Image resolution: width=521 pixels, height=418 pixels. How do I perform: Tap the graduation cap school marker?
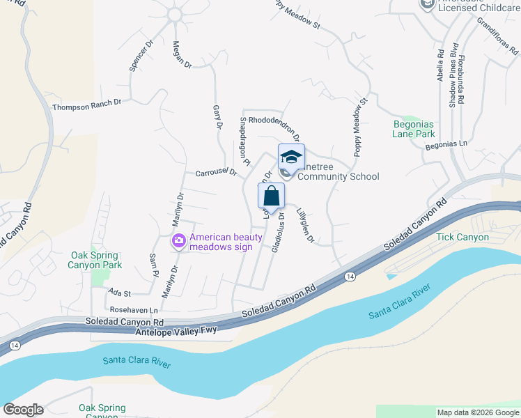291,157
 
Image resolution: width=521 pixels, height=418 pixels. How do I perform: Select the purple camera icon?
179,241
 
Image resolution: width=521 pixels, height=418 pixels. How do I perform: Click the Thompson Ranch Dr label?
87,105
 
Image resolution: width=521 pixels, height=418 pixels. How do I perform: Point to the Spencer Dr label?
141,55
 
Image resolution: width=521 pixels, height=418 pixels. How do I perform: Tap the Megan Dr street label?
182,54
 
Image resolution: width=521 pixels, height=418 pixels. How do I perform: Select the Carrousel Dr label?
217,172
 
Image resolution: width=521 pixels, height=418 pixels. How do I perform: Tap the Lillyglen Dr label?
306,226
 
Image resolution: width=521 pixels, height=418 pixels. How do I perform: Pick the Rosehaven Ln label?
134,309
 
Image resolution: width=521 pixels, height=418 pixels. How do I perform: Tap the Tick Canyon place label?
462,237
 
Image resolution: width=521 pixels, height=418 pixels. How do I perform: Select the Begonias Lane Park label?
414,129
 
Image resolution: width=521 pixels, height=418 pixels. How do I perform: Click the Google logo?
23,410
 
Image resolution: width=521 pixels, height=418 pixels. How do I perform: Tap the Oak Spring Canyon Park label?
95,260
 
